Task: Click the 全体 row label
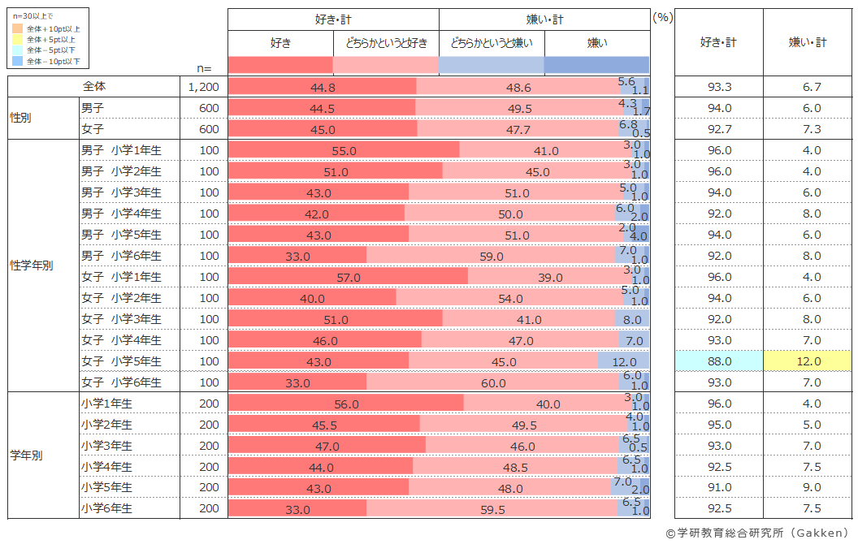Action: (94, 86)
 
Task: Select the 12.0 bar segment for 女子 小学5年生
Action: (623, 361)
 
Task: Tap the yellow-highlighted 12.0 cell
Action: (808, 361)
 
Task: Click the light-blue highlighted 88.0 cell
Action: (719, 361)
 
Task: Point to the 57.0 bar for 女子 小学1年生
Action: (348, 277)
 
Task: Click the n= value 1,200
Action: (203, 87)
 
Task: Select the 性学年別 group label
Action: (31, 266)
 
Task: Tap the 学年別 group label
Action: (26, 455)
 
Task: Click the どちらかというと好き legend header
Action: (386, 42)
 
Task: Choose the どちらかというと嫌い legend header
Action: (492, 42)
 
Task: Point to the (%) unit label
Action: (661, 17)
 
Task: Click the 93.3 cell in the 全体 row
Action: (719, 87)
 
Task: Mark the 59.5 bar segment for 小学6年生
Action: (492, 509)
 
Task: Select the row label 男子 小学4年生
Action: (121, 214)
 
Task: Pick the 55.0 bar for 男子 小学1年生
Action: (344, 150)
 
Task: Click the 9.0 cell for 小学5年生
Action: (808, 488)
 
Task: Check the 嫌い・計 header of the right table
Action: (808, 42)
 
